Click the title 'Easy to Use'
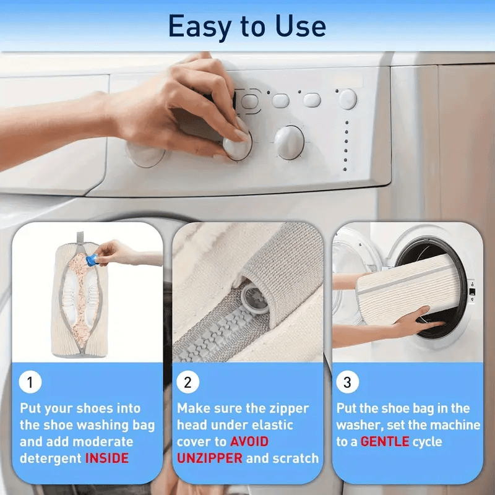pos(247,27)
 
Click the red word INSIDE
pos(107,458)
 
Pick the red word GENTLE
pos(385,442)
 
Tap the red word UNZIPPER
pos(210,458)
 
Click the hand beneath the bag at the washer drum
pos(418,322)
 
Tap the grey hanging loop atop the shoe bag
pos(79,237)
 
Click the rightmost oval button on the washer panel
pos(348,98)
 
